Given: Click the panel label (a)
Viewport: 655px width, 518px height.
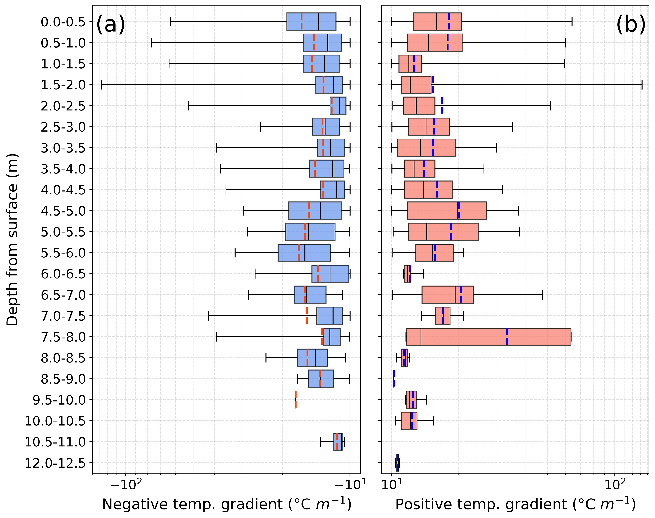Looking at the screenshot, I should click(110, 25).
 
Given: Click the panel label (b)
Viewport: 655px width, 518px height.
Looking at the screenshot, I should click(631, 25).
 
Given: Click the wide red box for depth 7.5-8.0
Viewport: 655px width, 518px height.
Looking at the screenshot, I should click(488, 337).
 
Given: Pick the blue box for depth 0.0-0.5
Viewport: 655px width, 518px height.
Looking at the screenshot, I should click(311, 22).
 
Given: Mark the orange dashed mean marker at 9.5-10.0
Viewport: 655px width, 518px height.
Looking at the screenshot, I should click(296, 400).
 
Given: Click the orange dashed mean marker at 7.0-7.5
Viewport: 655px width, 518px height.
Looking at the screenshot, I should click(307, 316).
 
